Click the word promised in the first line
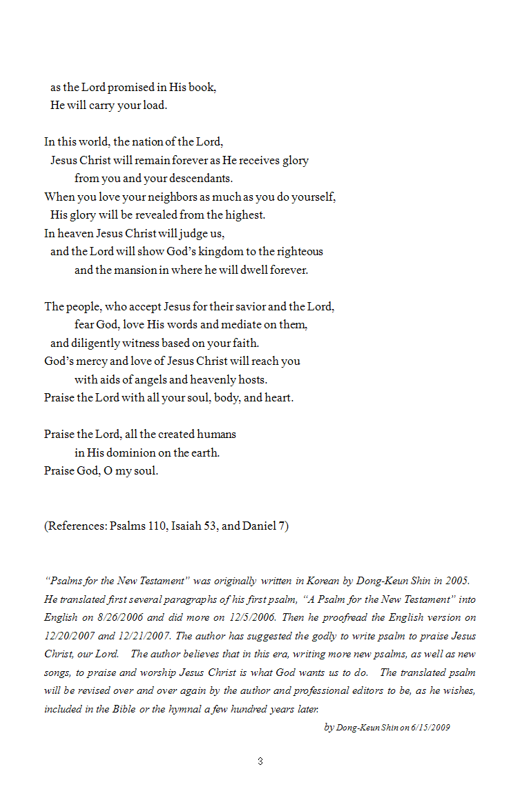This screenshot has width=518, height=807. tap(130, 88)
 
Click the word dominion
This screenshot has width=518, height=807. tap(117, 452)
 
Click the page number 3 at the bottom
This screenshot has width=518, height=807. tap(260, 761)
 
